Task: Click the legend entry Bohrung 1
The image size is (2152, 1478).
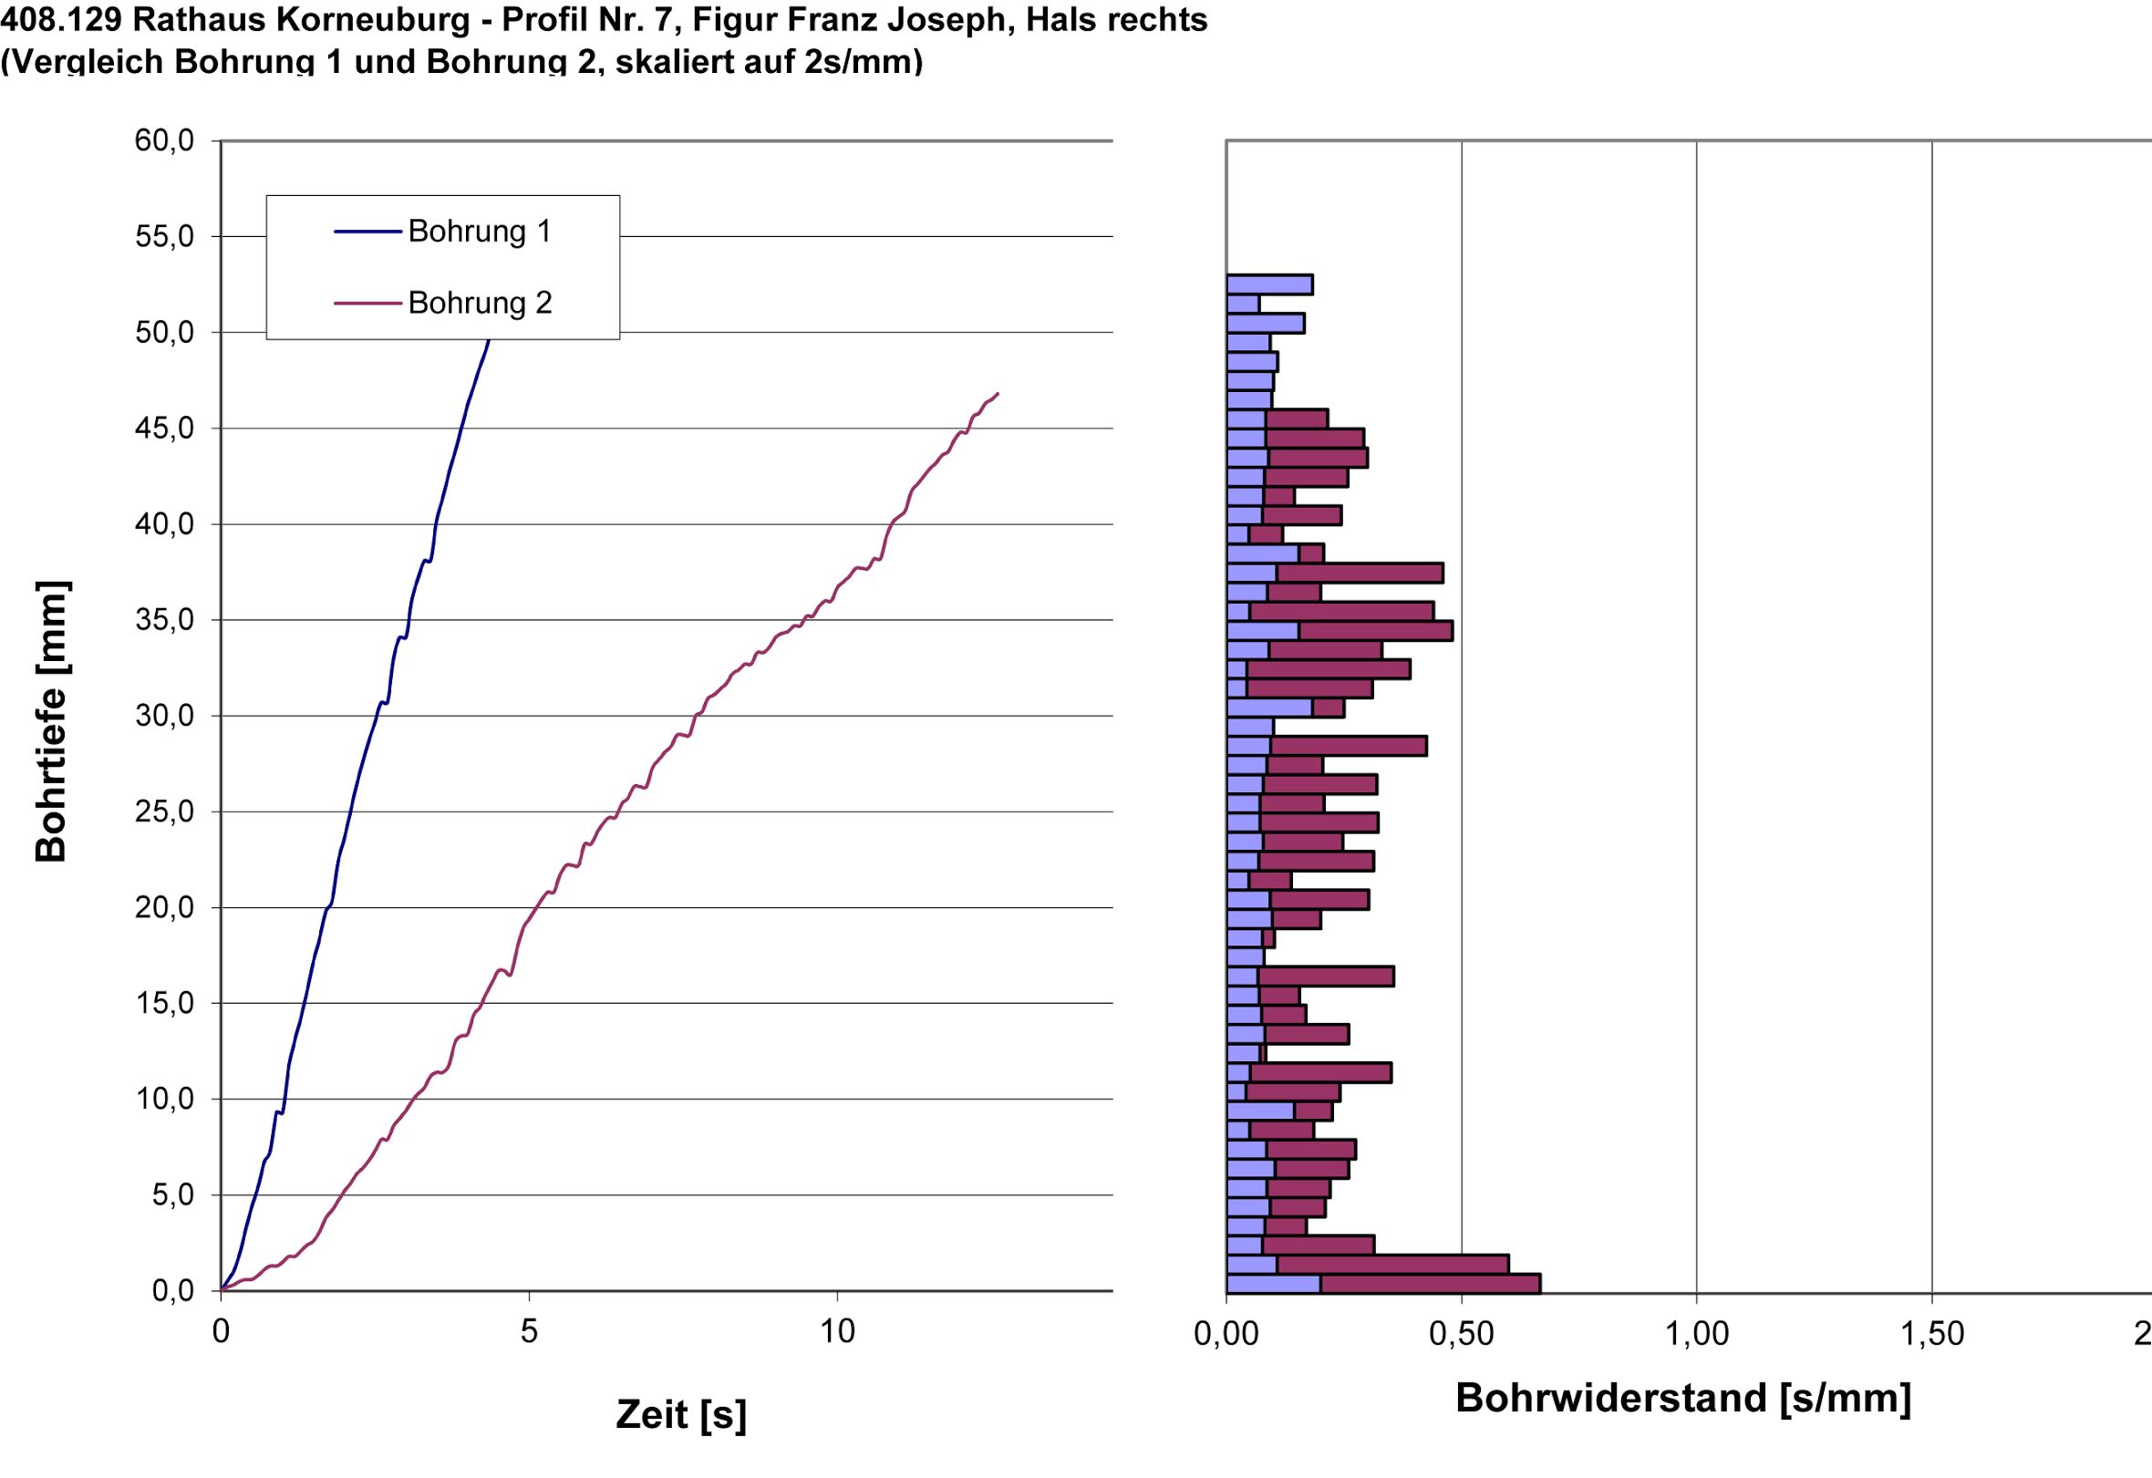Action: pos(479,231)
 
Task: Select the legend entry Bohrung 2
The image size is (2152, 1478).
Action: pos(480,303)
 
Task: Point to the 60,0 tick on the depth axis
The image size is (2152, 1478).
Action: pos(164,140)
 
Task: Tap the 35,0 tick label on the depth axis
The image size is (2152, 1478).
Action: pos(164,619)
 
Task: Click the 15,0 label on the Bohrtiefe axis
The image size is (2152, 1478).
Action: pos(164,1003)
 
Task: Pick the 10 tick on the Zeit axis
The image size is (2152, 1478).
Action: pos(836,1332)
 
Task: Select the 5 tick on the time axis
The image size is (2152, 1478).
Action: pos(529,1332)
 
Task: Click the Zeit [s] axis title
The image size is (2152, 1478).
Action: pos(680,1414)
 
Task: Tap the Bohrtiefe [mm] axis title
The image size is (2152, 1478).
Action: pos(51,721)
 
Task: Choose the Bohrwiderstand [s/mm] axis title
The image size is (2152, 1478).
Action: pos(1682,1398)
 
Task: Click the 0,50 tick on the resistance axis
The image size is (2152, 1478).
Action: pos(1461,1334)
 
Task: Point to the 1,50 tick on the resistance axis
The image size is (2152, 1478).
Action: pos(1931,1334)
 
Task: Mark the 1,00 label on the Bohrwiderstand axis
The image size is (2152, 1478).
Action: pos(1696,1334)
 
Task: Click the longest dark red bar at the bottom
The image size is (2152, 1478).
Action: pos(1430,1283)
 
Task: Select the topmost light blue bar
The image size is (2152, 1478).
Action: pos(1269,284)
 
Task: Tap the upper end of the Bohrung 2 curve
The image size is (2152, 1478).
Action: pos(998,394)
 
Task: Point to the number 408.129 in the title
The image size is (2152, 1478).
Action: pos(61,19)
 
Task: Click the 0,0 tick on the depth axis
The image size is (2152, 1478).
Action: pos(172,1290)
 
